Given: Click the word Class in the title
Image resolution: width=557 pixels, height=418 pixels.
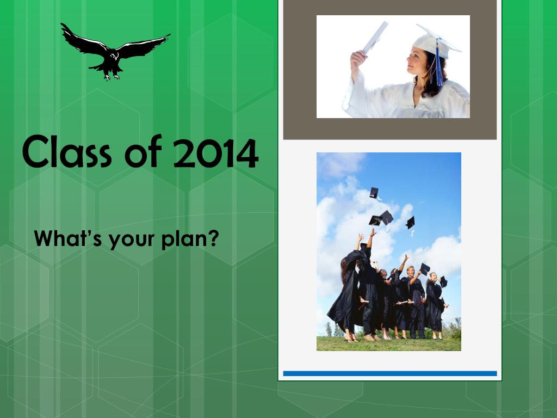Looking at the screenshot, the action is click(67, 152).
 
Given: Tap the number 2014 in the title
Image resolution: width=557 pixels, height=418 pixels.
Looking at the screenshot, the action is click(215, 153).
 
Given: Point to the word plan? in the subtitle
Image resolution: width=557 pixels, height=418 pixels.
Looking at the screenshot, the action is click(190, 239).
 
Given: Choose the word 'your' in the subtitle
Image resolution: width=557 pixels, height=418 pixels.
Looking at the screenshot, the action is click(132, 241).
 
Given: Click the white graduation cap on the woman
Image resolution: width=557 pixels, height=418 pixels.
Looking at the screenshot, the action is click(436, 41).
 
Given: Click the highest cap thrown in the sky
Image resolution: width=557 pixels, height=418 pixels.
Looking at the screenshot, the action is click(374, 193).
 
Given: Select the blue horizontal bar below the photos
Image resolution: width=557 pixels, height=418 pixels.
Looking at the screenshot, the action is click(389, 373).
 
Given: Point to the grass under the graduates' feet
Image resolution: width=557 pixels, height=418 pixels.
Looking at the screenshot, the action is click(388, 344).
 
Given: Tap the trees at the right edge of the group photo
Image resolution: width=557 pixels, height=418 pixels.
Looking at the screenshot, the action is click(453, 329).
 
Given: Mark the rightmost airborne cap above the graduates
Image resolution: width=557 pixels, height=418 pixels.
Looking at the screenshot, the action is click(411, 223).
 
